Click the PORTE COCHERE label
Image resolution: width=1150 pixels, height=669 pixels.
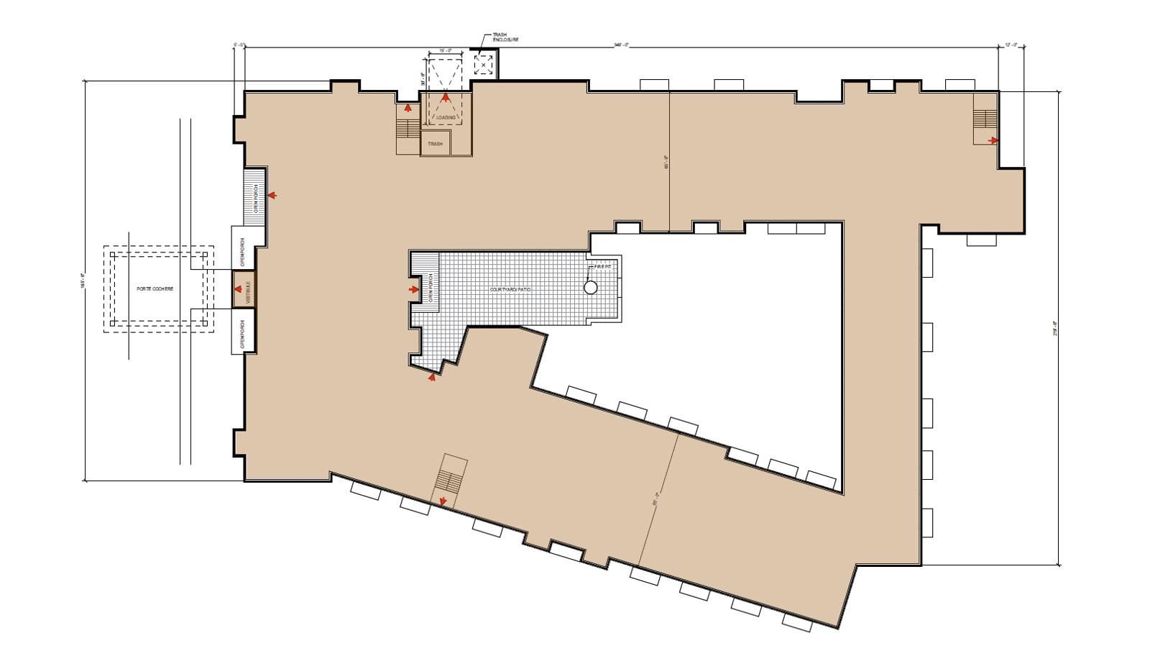(155, 289)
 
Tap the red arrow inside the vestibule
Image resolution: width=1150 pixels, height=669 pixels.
(237, 290)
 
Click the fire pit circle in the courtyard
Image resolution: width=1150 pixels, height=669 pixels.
(590, 288)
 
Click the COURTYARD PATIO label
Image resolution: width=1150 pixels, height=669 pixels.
(510, 289)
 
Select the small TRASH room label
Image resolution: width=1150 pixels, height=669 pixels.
(435, 144)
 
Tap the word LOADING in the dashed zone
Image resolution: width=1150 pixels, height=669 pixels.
(446, 117)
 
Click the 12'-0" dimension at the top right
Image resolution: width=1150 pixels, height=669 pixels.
(1011, 45)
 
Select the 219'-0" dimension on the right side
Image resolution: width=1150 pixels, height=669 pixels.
(1055, 328)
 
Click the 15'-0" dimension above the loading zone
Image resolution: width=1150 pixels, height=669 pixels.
(445, 51)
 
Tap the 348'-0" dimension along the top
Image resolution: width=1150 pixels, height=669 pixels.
(621, 45)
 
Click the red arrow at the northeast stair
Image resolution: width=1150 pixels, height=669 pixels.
(993, 140)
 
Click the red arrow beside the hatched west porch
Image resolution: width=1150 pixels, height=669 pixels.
(272, 195)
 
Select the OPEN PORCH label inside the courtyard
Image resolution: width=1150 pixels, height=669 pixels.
(431, 288)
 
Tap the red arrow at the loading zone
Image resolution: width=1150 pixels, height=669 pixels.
(445, 96)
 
